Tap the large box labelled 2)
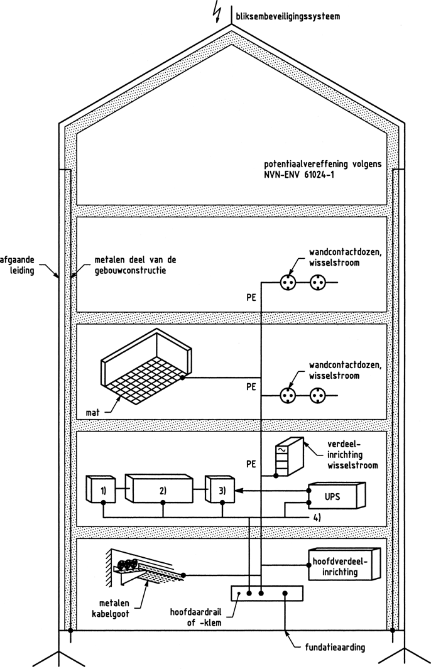pos(161,490)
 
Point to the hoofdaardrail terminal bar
pos(267,593)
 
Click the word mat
pos(93,413)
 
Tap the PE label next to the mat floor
pos(251,387)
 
